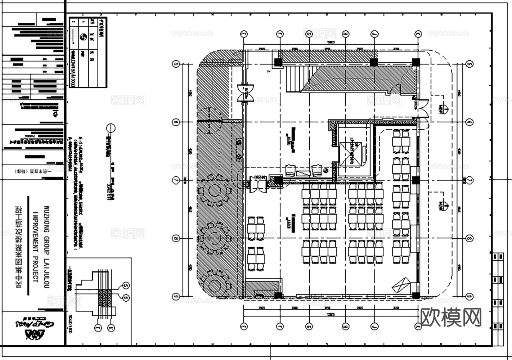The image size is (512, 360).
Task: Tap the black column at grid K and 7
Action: (416, 180)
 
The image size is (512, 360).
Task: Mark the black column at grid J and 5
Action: (374, 62)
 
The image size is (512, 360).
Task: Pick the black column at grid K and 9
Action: (416, 296)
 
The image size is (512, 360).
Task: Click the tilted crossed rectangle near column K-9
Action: (401, 285)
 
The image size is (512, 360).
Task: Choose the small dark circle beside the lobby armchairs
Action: (326, 171)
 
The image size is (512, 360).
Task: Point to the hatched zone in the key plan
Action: (105, 298)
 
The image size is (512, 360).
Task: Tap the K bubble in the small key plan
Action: (111, 328)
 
